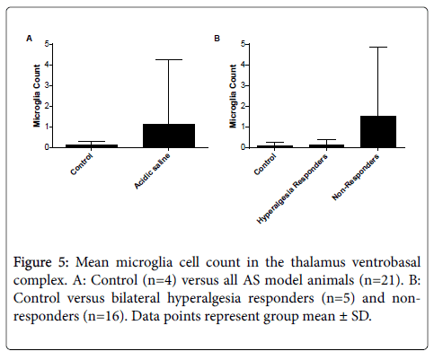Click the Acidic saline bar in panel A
(169, 136)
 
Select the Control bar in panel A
(92, 146)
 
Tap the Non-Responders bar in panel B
(378, 132)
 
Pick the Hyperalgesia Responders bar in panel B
(326, 146)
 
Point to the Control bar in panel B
(275, 146)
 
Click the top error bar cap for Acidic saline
(169, 59)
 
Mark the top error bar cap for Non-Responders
(378, 47)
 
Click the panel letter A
(29, 39)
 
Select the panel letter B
(217, 39)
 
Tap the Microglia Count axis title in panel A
(37, 96)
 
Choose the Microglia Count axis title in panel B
(233, 96)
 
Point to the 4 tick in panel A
(47, 65)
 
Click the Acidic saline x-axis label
(153, 171)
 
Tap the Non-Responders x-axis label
(356, 178)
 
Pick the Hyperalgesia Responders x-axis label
(292, 189)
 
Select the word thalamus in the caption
(318, 262)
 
